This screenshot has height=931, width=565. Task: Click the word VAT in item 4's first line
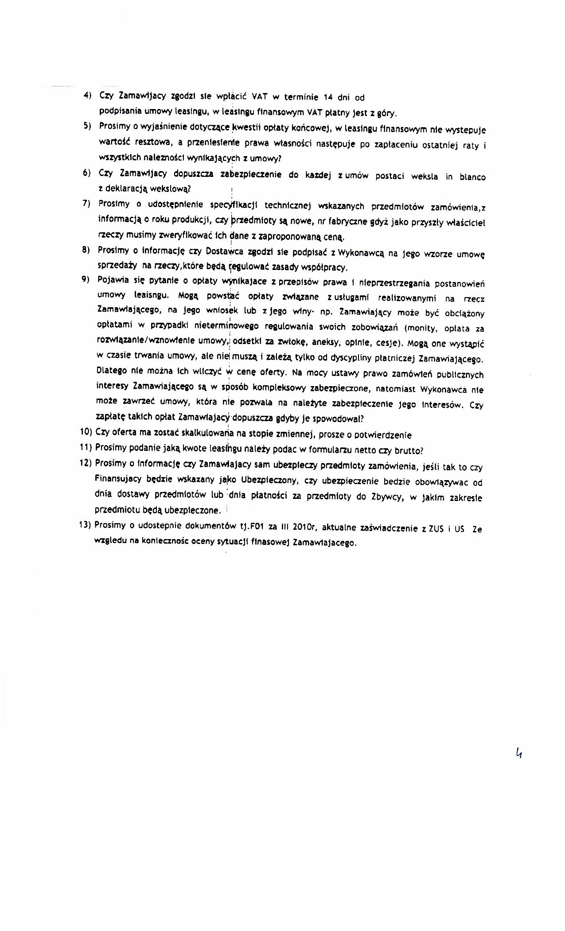click(260, 96)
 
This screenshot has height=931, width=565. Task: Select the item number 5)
click(87, 126)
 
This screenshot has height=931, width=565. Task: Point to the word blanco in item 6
click(472, 177)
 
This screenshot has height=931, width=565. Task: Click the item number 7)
click(87, 203)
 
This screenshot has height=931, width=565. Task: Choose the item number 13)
click(86, 525)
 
